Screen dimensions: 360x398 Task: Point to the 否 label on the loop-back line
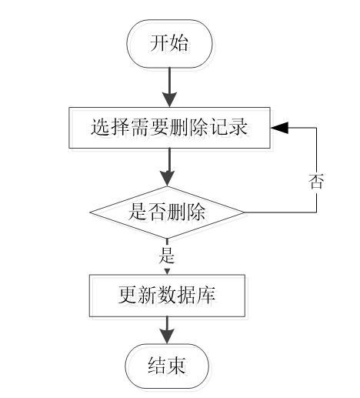[x=316, y=182]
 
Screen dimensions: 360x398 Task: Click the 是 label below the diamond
[x=167, y=256]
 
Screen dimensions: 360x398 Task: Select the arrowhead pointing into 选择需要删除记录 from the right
[x=279, y=128]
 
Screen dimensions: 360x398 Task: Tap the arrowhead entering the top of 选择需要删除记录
[x=169, y=99]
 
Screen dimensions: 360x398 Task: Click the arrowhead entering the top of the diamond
[x=167, y=179]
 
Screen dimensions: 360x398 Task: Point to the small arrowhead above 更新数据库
[x=167, y=272]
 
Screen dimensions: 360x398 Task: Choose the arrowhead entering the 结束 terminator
[x=167, y=336]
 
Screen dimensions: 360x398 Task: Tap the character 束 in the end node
[x=176, y=366]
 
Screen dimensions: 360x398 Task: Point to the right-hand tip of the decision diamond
[x=244, y=212]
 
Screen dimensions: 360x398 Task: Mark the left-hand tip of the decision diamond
[x=90, y=212]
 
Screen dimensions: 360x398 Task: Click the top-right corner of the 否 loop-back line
[x=316, y=128]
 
